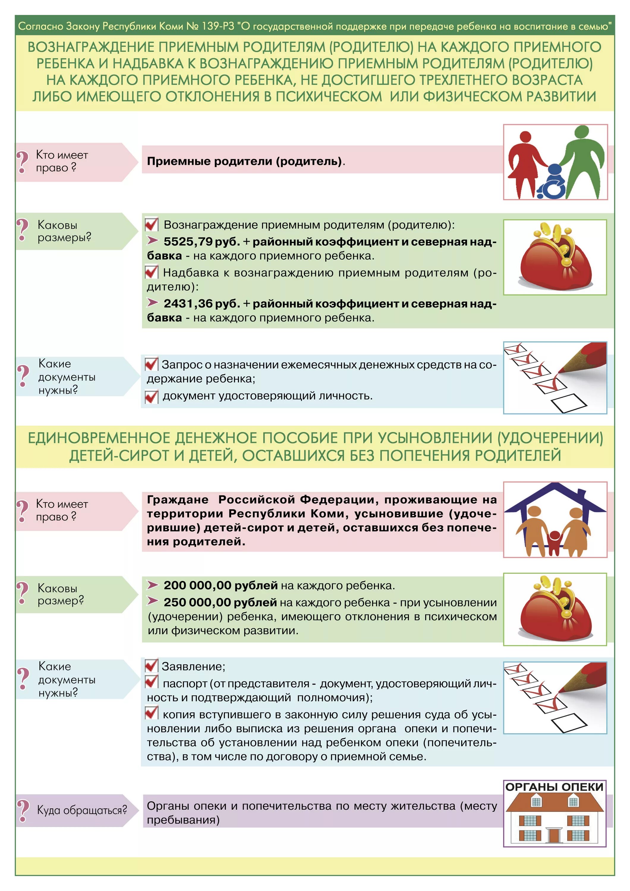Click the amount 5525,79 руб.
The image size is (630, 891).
coord(201,242)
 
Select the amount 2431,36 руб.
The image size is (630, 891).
coord(201,304)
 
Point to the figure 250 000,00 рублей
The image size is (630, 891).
coord(220,602)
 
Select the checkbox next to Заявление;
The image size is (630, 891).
coord(151,666)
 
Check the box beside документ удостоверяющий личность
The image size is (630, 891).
coord(151,396)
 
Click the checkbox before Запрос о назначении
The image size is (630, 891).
coord(151,364)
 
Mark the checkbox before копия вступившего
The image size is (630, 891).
coord(151,714)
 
